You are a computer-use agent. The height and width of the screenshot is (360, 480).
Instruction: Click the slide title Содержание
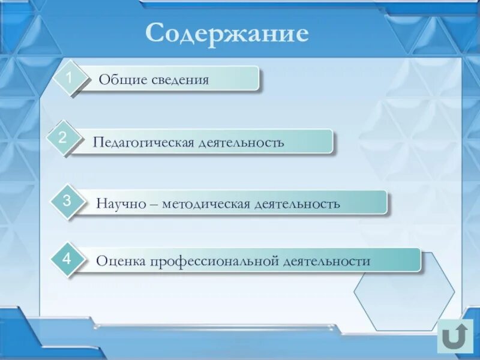227,33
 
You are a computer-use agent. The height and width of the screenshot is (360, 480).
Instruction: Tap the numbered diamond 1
70,78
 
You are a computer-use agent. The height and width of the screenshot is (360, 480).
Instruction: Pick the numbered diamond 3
67,201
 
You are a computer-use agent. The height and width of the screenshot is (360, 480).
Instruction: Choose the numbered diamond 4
67,259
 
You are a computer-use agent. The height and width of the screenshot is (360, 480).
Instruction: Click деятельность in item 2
242,143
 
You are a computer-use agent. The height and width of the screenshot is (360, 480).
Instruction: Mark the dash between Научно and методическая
152,204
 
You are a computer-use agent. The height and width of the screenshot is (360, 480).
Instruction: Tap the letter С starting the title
154,33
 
